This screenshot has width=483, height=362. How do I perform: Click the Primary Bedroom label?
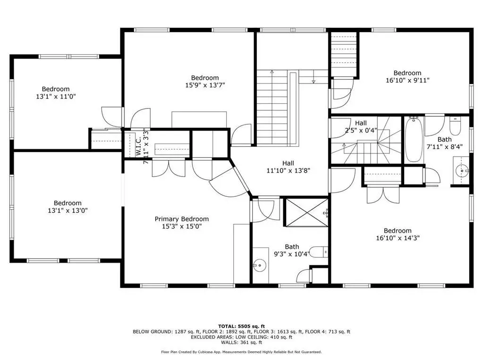pyautogui.click(x=182, y=219)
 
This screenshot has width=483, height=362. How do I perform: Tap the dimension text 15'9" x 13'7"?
pyautogui.click(x=205, y=85)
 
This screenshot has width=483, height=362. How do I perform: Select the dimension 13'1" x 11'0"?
pyautogui.click(x=56, y=96)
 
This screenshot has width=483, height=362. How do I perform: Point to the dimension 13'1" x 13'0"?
pyautogui.click(x=68, y=210)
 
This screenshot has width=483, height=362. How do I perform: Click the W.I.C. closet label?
pyautogui.click(x=138, y=146)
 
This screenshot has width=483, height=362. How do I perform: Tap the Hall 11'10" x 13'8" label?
pyautogui.click(x=288, y=167)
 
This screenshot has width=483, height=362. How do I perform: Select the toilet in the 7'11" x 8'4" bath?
pyautogui.click(x=455, y=126)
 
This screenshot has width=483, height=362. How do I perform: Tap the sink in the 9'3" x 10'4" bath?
pyautogui.click(x=260, y=264)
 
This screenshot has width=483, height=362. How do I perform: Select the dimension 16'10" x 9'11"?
pyautogui.click(x=407, y=80)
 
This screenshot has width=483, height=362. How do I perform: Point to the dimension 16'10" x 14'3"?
pyautogui.click(x=398, y=238)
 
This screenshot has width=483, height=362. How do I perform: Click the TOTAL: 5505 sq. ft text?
pyautogui.click(x=242, y=326)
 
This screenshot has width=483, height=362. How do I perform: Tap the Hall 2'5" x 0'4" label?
pyautogui.click(x=361, y=126)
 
